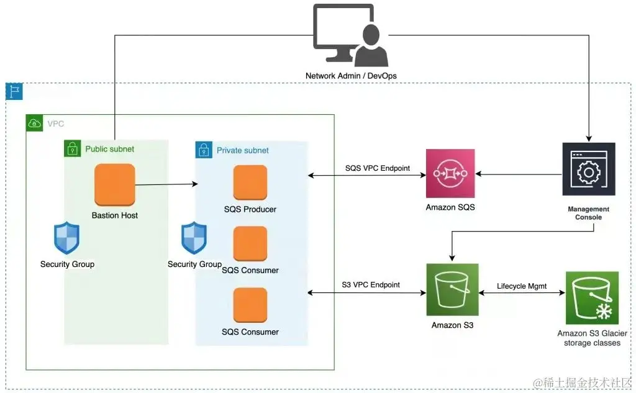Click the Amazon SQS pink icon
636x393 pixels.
(450, 174)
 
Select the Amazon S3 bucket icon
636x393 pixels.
(452, 289)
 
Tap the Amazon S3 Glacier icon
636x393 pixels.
(592, 298)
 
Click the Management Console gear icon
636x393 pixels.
(589, 169)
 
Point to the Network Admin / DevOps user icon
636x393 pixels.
(352, 35)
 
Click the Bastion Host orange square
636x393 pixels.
(115, 184)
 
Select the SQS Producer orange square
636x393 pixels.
(250, 183)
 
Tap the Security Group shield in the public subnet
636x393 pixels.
(66, 238)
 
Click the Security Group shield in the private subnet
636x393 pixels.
(194, 238)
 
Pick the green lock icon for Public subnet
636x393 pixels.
(73, 149)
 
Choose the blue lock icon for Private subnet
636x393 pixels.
(204, 150)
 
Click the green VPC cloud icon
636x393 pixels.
(35, 123)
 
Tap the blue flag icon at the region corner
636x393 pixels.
(14, 91)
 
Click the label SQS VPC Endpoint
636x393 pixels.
(378, 168)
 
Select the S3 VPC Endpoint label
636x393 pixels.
(371, 285)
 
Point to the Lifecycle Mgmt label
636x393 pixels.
(522, 286)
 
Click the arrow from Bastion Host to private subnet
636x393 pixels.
(166, 184)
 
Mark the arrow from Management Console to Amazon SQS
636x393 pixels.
(519, 174)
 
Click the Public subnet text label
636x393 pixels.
(109, 149)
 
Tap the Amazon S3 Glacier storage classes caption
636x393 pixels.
(592, 338)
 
